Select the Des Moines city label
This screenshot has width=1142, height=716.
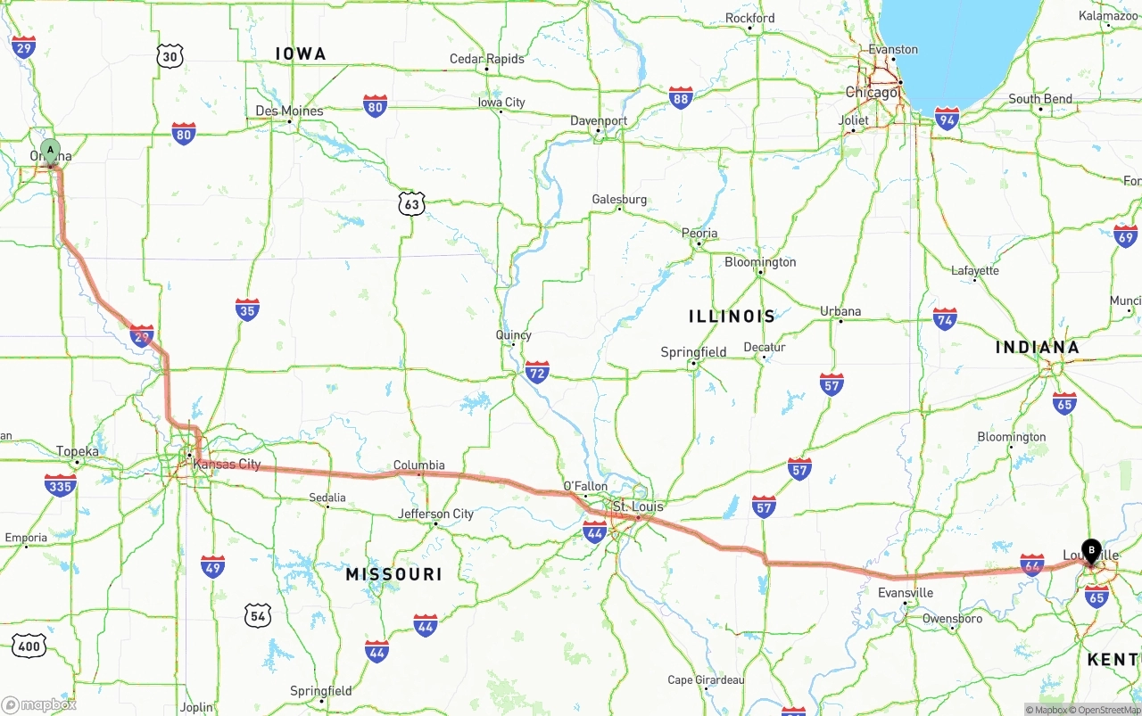(x=289, y=111)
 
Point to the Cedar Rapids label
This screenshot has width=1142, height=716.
(x=486, y=59)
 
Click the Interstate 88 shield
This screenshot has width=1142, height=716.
(x=681, y=97)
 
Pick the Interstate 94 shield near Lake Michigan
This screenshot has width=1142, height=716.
(x=947, y=118)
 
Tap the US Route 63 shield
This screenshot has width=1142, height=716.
(x=411, y=203)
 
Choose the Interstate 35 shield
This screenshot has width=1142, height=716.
(x=247, y=309)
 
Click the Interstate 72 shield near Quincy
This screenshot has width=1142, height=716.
(x=537, y=372)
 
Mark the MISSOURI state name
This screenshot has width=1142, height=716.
(x=394, y=574)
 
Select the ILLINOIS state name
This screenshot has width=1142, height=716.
(x=732, y=317)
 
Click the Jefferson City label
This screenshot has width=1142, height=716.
(x=436, y=514)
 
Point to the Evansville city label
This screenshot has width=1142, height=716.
(x=906, y=593)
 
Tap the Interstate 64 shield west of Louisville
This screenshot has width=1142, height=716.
(x=1031, y=564)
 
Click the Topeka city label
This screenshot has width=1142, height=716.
(x=77, y=451)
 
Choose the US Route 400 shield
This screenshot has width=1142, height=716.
(x=29, y=646)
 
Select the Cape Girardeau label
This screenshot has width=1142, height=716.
(x=706, y=680)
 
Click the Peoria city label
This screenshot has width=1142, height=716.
(x=699, y=234)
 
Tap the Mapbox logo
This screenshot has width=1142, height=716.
(x=39, y=704)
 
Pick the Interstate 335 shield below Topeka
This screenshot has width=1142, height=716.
(x=60, y=485)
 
